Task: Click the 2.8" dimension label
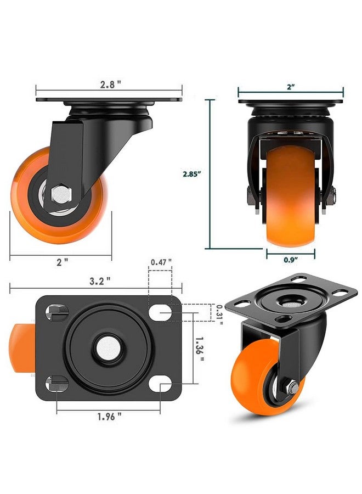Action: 110,85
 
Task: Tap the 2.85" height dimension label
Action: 192,173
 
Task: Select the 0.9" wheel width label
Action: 291,260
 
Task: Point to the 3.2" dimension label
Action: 100,280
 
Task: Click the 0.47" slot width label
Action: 161,262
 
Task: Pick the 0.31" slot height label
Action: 219,315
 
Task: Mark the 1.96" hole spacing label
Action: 109,417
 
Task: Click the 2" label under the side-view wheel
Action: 62,262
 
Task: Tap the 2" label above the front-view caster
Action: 291,87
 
